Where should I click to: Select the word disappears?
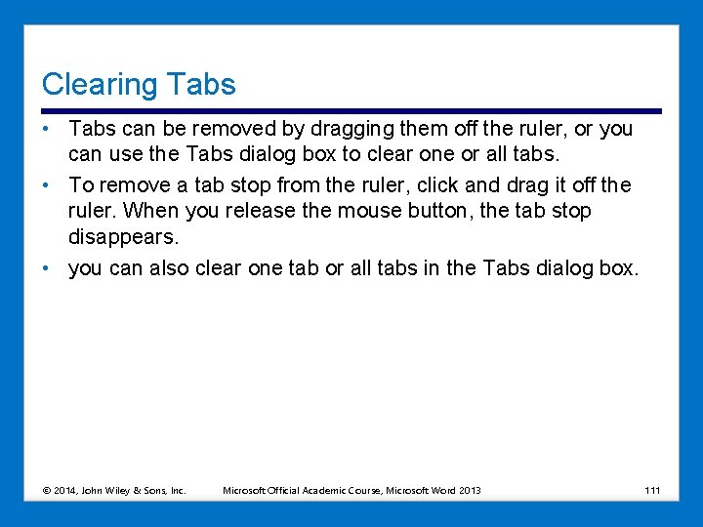[x=124, y=237]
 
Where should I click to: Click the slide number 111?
[x=652, y=490]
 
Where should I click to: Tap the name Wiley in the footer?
[x=119, y=490]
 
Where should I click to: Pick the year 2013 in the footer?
[x=470, y=490]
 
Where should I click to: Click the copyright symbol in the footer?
[x=47, y=490]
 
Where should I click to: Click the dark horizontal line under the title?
[x=351, y=110]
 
